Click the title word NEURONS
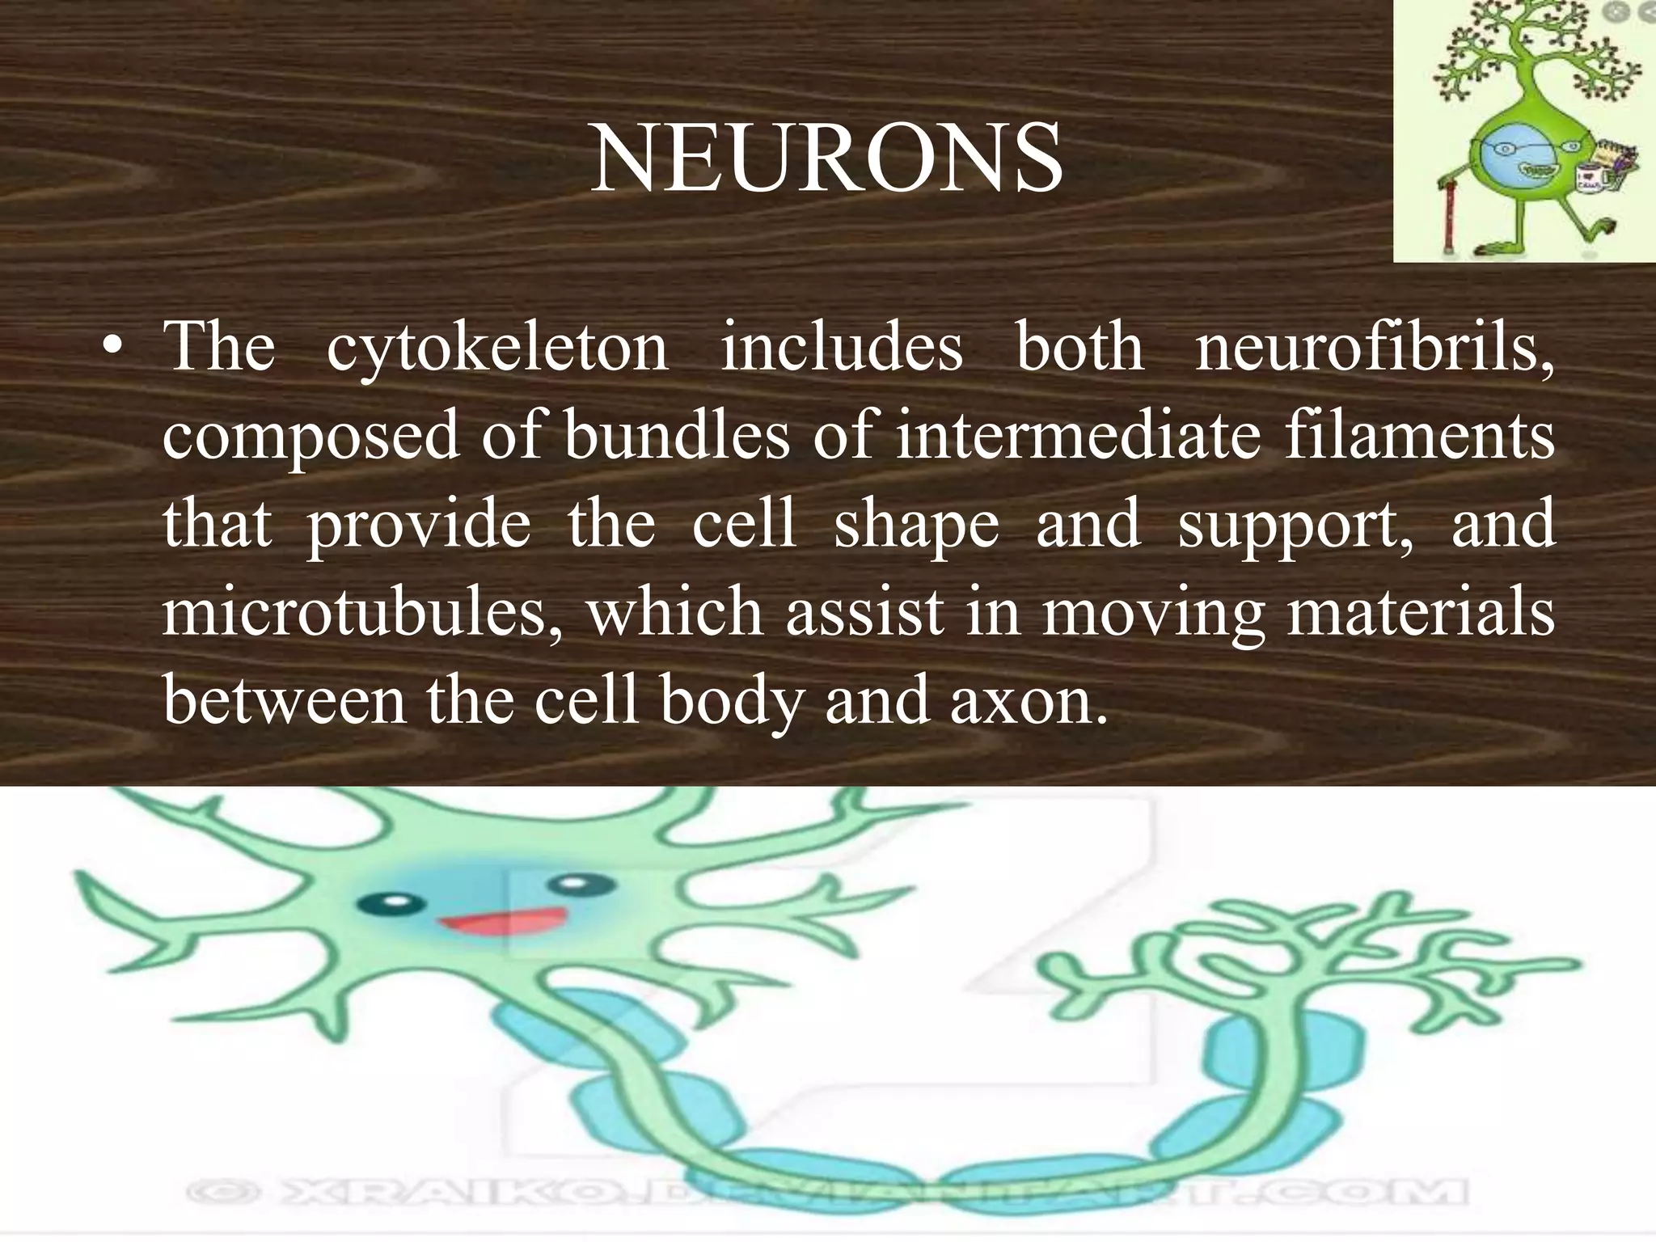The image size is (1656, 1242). click(x=826, y=159)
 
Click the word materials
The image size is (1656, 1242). click(x=1420, y=612)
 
